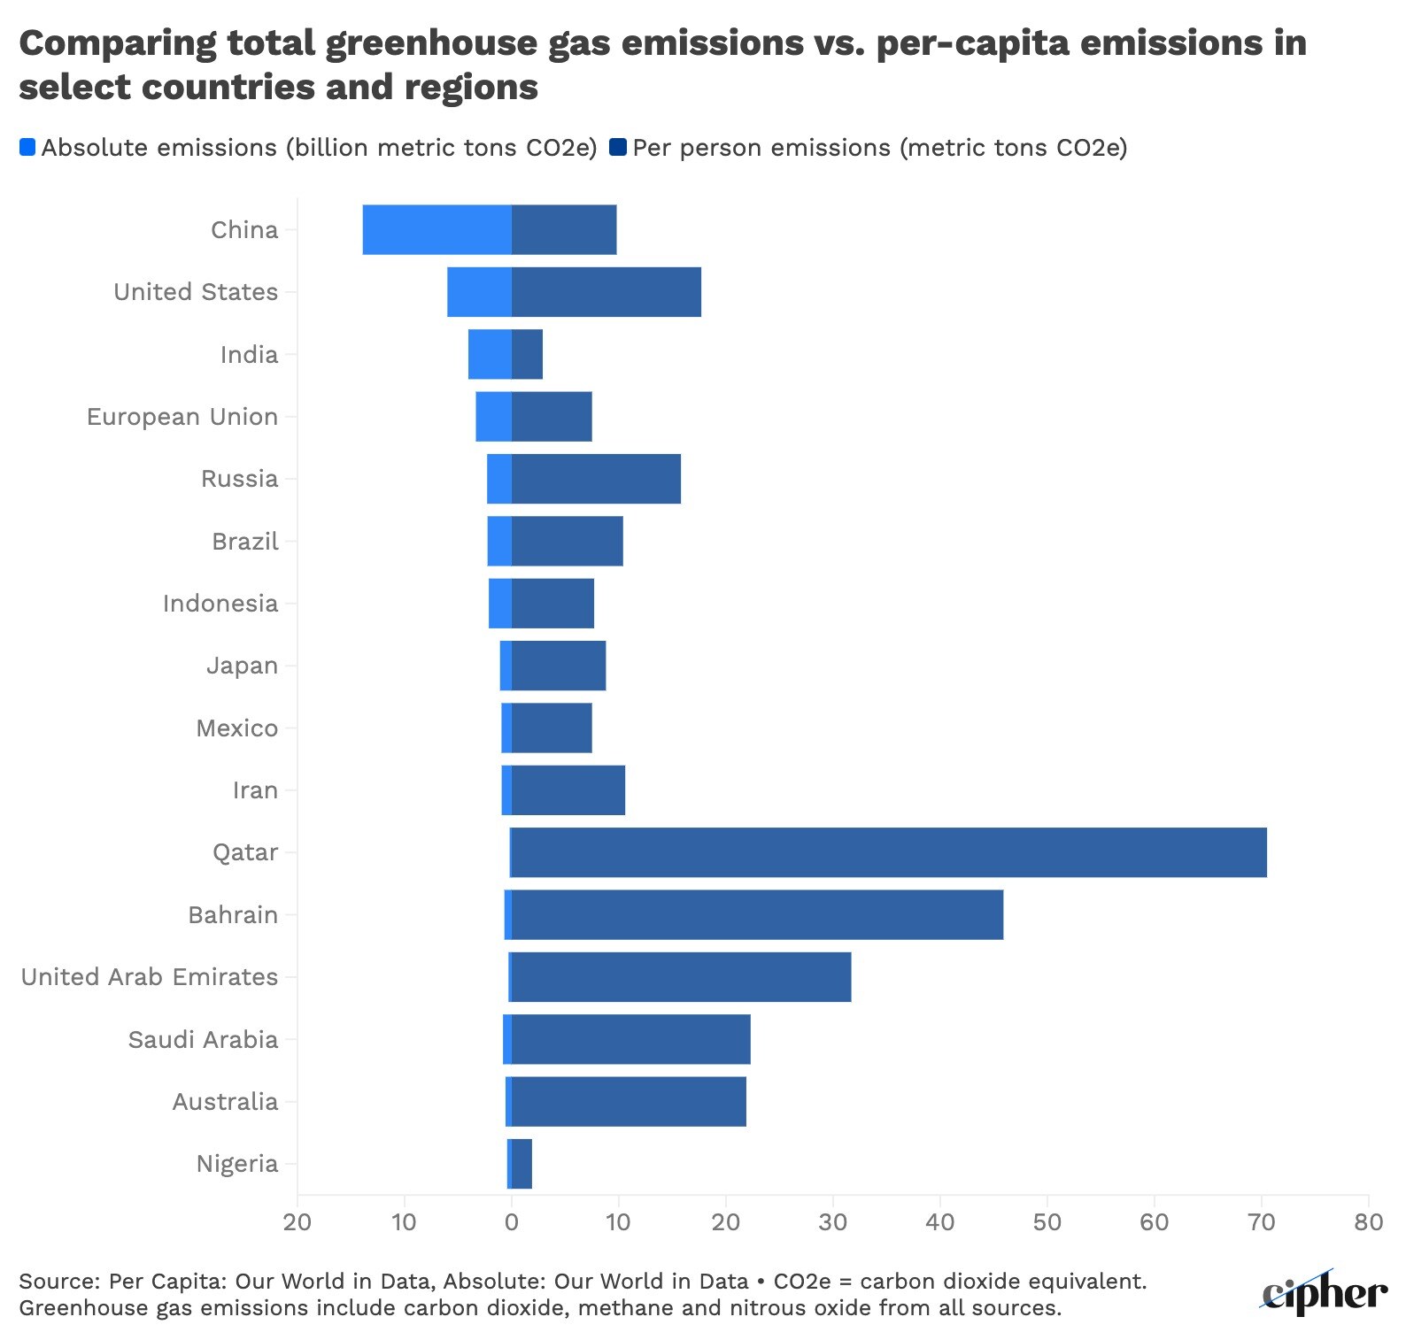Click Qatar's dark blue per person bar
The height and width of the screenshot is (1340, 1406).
[889, 852]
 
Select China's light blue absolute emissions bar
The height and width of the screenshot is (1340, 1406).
[436, 229]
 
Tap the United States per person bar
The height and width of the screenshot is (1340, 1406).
[606, 292]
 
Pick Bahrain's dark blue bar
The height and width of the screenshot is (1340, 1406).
[758, 914]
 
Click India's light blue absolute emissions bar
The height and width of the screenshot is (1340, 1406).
[490, 354]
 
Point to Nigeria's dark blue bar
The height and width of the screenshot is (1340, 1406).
[522, 1164]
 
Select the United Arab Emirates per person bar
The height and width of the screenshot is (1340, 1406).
[682, 977]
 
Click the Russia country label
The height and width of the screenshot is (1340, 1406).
[239, 479]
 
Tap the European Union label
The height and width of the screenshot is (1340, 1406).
[182, 417]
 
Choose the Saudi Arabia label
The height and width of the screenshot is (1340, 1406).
[203, 1039]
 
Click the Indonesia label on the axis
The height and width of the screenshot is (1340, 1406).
[220, 604]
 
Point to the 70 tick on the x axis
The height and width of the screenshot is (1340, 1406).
[1262, 1222]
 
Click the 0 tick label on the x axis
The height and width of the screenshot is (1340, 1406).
[512, 1222]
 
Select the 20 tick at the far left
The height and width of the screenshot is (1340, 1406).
[297, 1222]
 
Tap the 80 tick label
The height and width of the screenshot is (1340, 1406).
[1368, 1222]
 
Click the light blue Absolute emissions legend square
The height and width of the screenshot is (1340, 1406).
[27, 148]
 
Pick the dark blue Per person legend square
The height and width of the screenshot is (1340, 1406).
[618, 148]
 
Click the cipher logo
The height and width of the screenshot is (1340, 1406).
[1325, 1293]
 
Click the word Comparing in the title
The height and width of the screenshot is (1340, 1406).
[117, 42]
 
